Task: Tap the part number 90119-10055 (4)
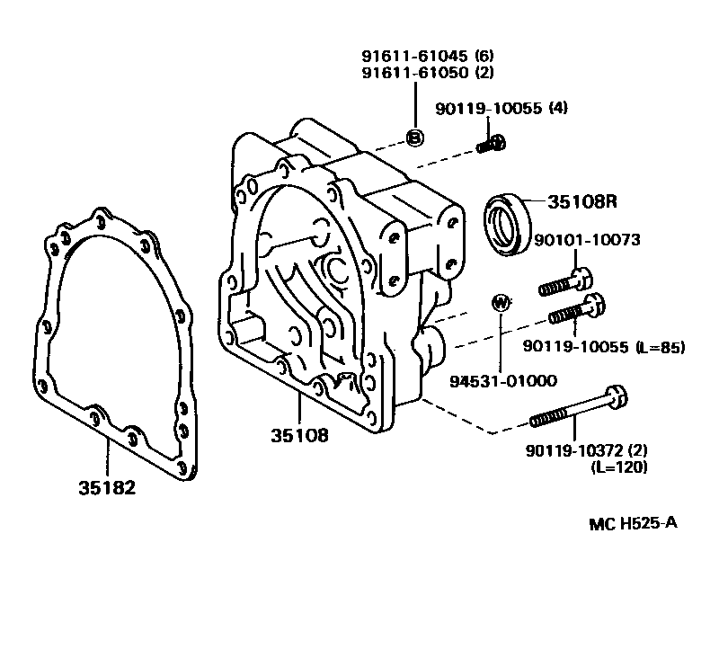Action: tap(502, 109)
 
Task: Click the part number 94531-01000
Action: tap(503, 380)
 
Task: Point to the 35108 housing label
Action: tap(299, 437)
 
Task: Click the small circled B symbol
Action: tap(414, 138)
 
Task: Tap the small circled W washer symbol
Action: tap(502, 302)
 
